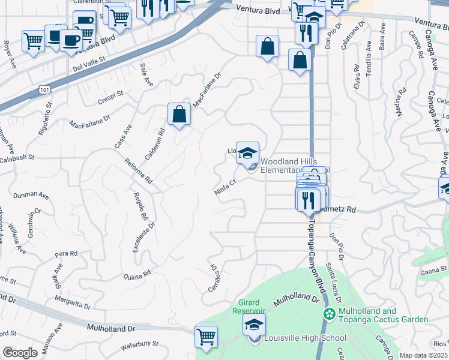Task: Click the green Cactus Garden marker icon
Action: coord(329,314)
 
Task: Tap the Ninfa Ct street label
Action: coord(223,188)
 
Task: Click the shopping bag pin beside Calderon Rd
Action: coord(179,114)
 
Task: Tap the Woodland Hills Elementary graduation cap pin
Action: coord(247,152)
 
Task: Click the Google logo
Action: coord(19,353)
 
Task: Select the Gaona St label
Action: coord(430,271)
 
